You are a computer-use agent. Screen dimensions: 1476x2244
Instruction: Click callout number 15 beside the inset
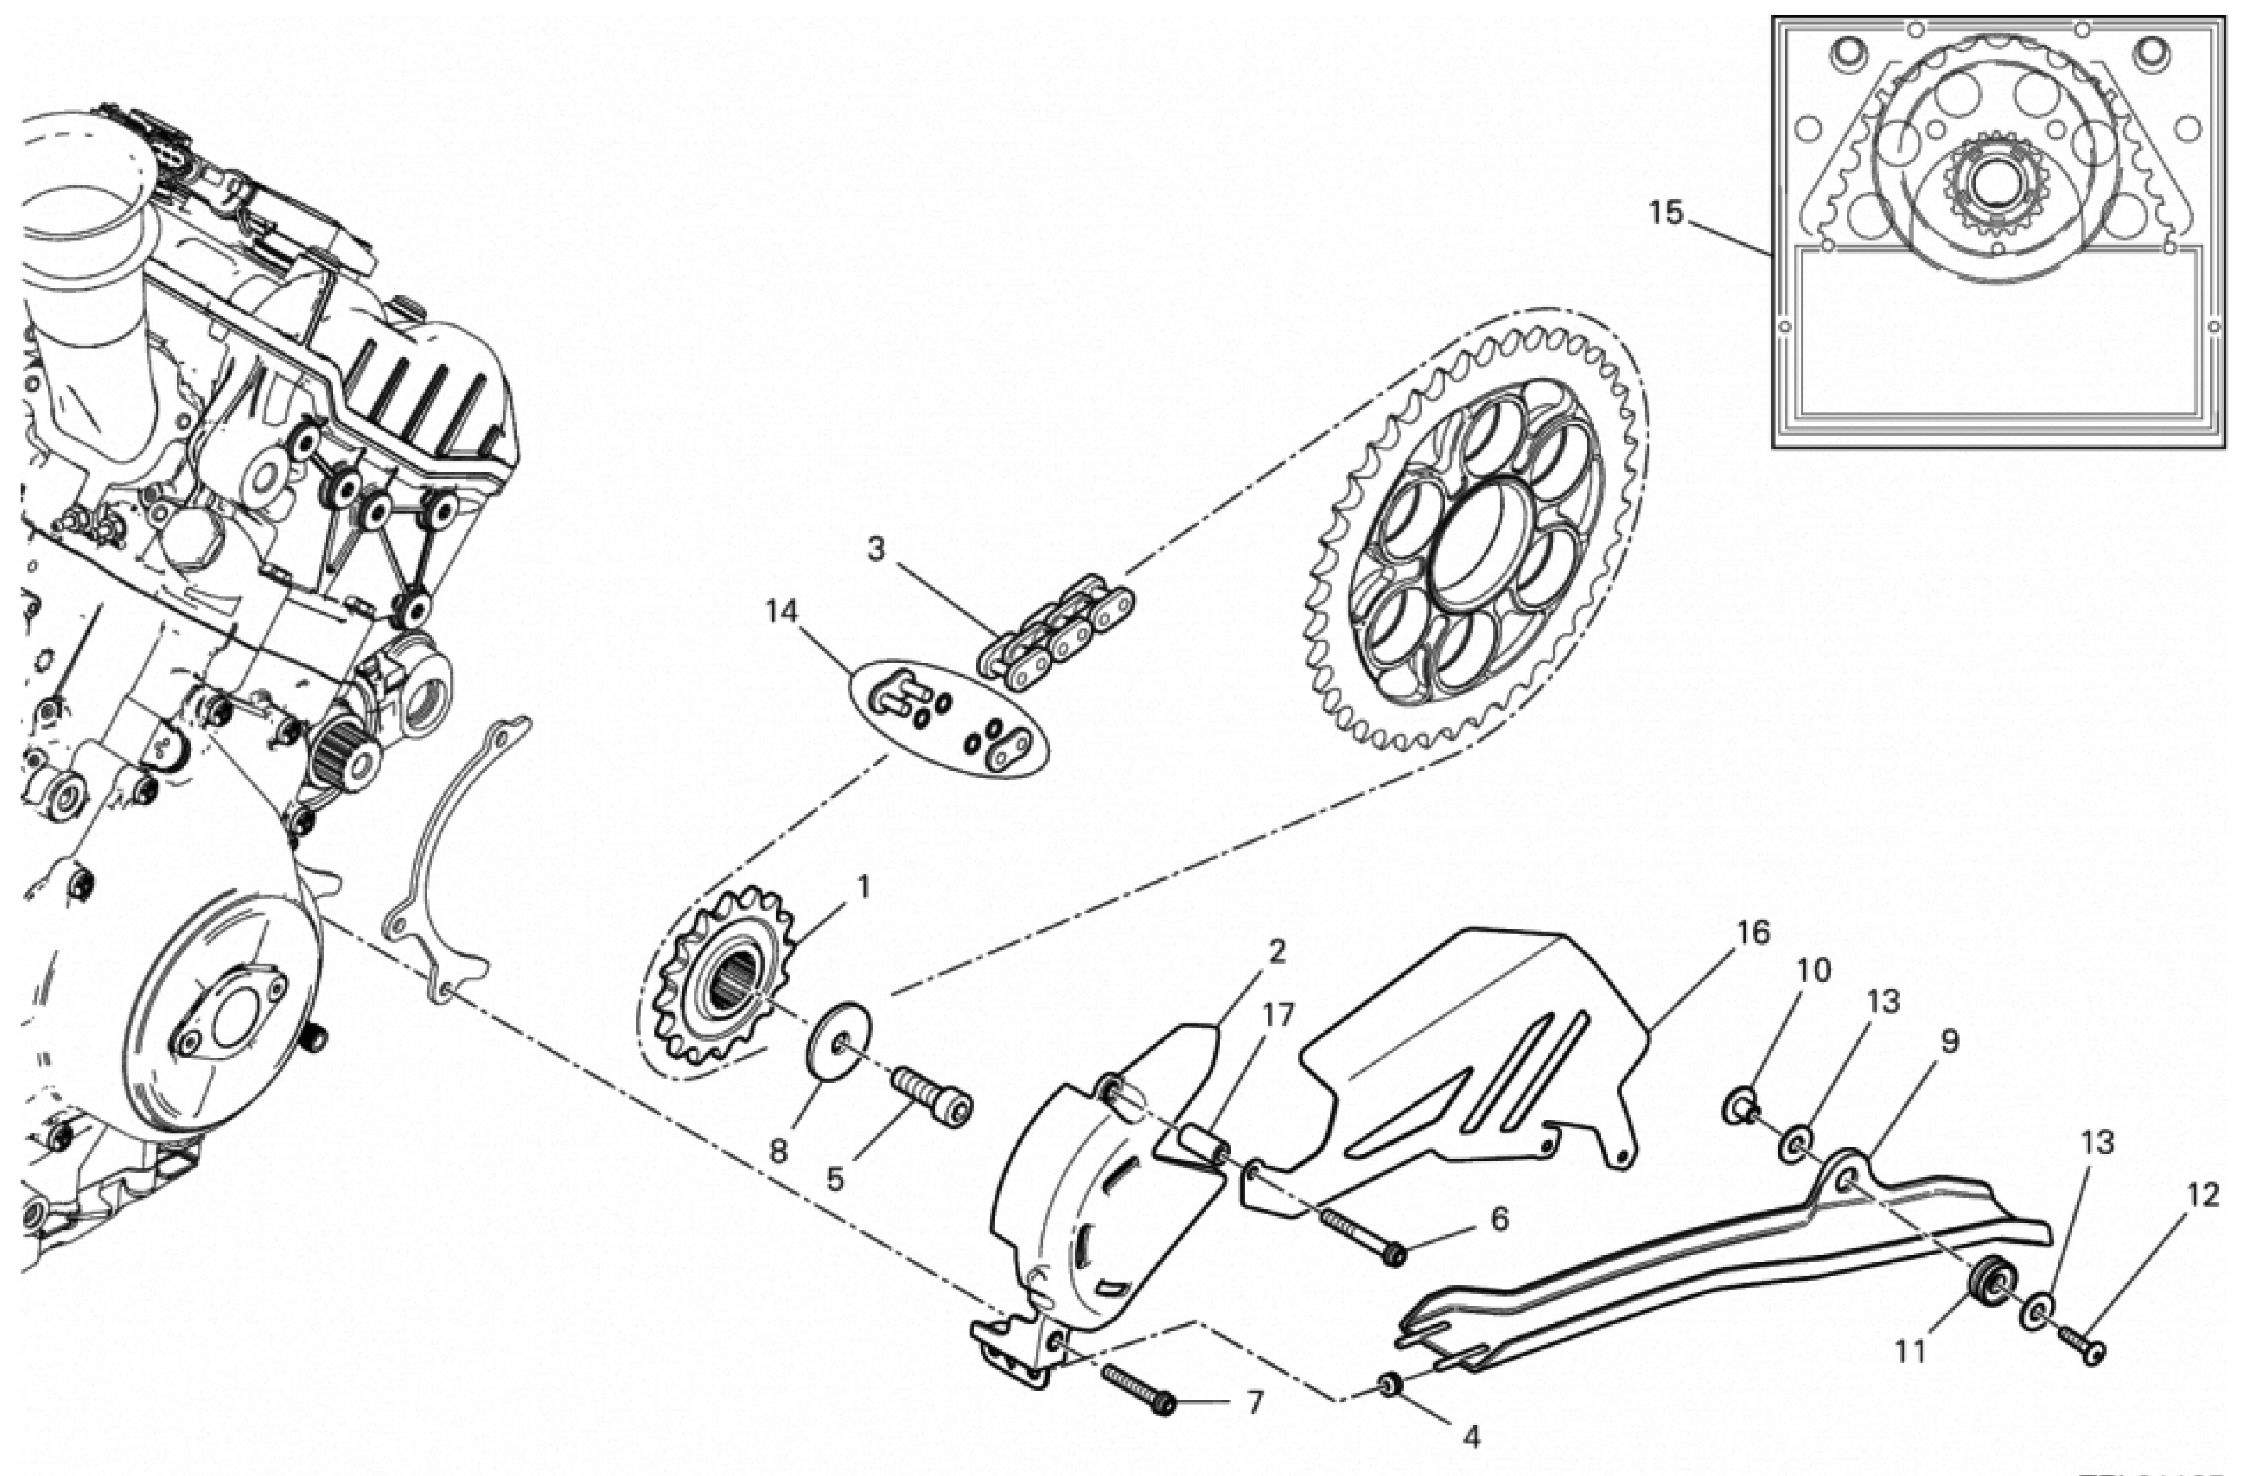coord(1665,213)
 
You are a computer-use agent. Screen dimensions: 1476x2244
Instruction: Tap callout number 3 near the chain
coord(876,549)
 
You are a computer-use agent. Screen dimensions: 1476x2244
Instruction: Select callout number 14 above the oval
coord(782,612)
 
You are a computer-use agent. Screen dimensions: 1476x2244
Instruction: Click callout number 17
coord(1279,1015)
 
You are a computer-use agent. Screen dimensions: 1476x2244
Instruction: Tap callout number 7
coord(1254,1403)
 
